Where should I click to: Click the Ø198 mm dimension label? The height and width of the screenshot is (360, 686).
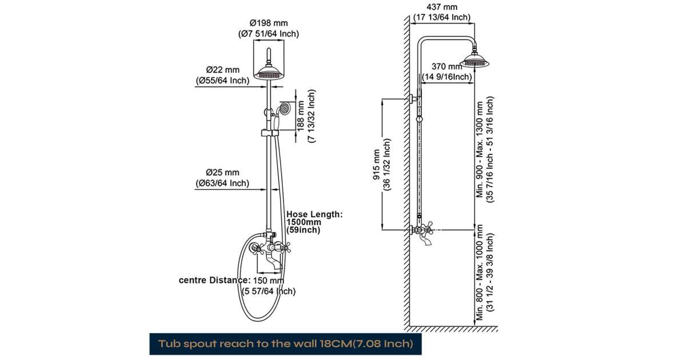(269, 23)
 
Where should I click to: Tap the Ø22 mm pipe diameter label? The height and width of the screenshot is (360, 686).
(222, 70)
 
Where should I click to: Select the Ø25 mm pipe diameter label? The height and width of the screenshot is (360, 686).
(222, 172)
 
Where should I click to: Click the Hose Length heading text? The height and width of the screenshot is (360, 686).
(314, 214)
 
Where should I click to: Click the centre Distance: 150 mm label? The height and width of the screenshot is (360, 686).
(232, 281)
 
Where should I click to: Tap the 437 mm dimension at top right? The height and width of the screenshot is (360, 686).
(442, 7)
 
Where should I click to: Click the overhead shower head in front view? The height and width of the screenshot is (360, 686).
(268, 71)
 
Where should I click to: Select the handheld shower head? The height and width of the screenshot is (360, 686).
(284, 108)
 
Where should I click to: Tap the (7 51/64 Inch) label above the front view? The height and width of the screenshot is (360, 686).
(269, 34)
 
